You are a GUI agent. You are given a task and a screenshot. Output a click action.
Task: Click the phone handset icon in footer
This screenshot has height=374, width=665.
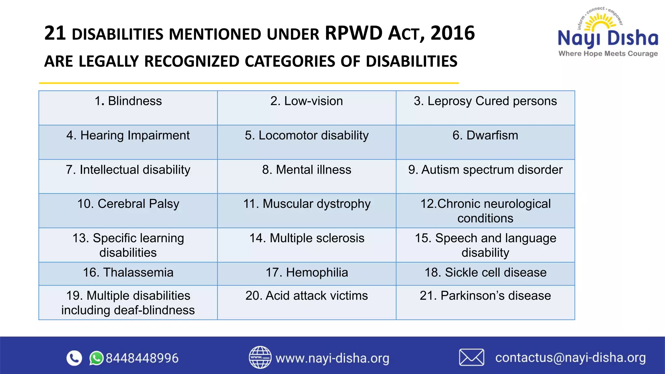pyautogui.click(x=74, y=358)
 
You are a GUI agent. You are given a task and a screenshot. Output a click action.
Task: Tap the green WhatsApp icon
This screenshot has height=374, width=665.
pyautogui.click(x=96, y=358)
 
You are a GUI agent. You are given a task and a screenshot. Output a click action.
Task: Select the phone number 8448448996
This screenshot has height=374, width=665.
pyautogui.click(x=142, y=358)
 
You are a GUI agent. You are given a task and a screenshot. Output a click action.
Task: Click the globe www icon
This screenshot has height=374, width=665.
pyautogui.click(x=260, y=357)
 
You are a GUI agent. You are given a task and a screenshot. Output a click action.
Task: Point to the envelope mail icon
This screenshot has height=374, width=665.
pyautogui.click(x=471, y=357)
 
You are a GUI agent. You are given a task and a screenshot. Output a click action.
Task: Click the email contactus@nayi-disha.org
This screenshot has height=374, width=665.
pyautogui.click(x=570, y=357)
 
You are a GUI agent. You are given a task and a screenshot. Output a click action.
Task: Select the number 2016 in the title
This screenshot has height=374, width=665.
pyautogui.click(x=453, y=33)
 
